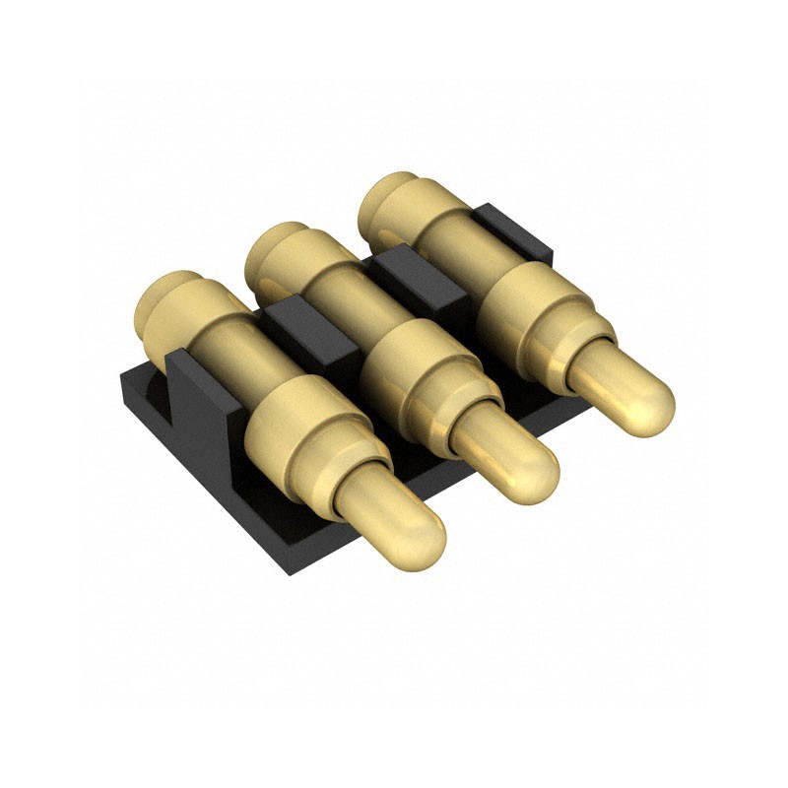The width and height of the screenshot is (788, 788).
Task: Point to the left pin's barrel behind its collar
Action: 231,350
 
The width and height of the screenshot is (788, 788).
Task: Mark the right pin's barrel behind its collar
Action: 453,241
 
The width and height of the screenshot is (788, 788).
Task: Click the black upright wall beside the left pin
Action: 202,394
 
